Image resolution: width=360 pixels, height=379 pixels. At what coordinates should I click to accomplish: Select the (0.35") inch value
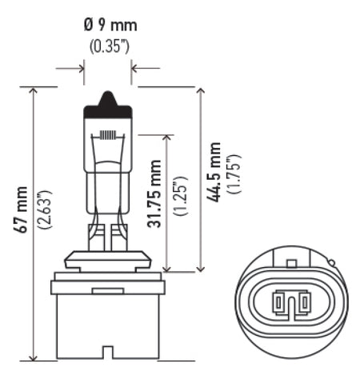pos(108,46)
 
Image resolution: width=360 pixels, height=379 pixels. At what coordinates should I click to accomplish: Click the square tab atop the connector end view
pos(294,261)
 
